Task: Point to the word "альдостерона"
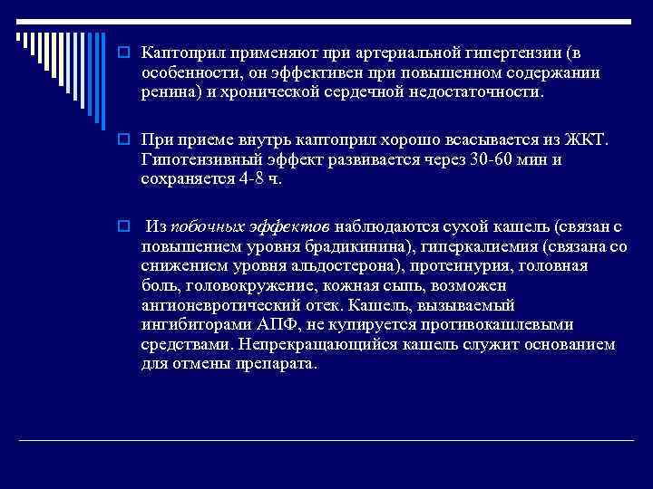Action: click(351, 266)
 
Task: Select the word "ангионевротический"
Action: click(216, 305)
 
